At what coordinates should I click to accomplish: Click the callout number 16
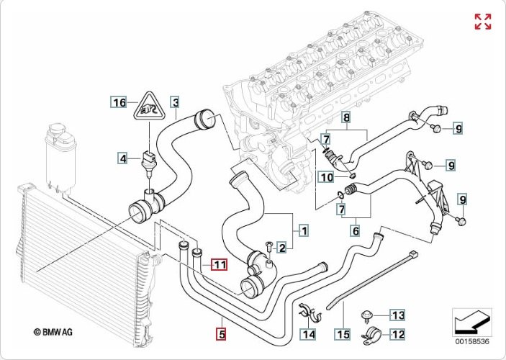point(119,103)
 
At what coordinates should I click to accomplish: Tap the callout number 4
point(124,158)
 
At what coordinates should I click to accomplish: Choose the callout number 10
point(326,177)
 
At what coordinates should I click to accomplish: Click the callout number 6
point(355,231)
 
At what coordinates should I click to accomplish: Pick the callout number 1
point(304,231)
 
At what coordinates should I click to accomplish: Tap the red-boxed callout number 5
point(222,333)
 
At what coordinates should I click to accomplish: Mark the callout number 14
point(308,333)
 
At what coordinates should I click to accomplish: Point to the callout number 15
point(343,333)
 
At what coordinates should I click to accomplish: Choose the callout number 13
point(398,315)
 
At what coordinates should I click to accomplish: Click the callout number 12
point(398,333)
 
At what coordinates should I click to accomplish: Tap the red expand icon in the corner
point(483,22)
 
